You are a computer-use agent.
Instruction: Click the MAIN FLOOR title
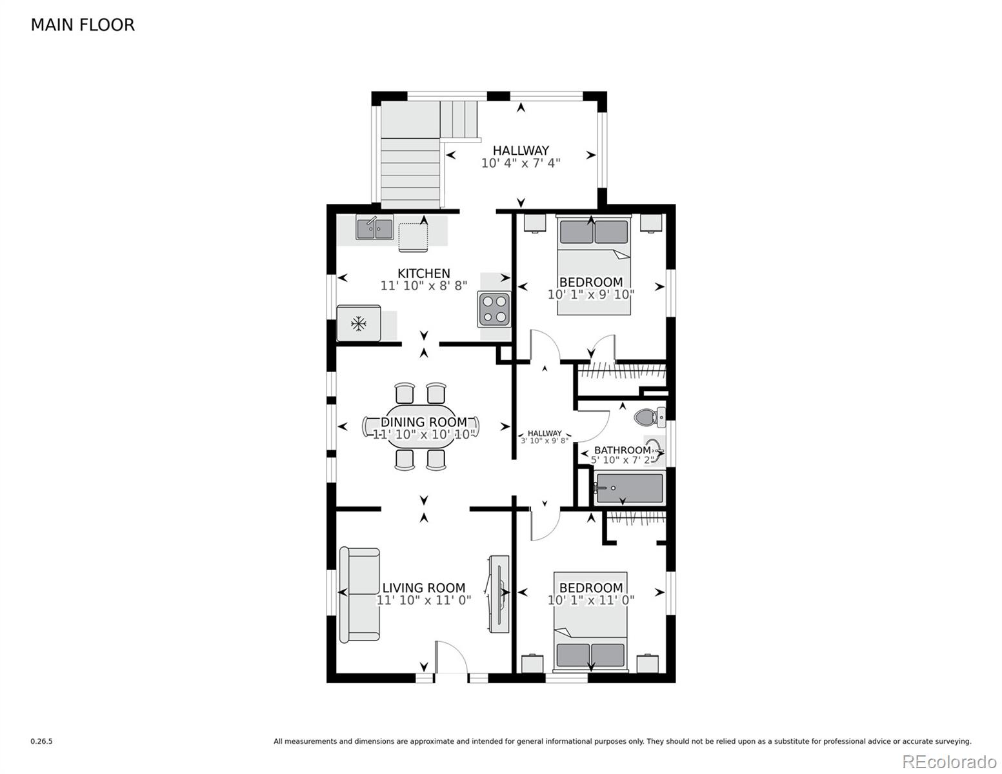pyautogui.click(x=83, y=25)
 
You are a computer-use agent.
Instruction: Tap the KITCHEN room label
pyautogui.click(x=424, y=273)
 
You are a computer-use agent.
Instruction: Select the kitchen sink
pyautogui.click(x=374, y=227)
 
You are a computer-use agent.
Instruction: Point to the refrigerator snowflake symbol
pyautogui.click(x=359, y=324)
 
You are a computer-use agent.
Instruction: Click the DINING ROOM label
pyautogui.click(x=424, y=422)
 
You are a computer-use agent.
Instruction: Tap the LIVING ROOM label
pyautogui.click(x=424, y=588)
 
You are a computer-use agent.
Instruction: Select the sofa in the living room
pyautogui.click(x=359, y=595)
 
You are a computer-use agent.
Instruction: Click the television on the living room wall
pyautogui.click(x=499, y=593)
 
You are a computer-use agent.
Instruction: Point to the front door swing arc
pyautogui.click(x=457, y=650)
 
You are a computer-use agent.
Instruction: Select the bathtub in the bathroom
pyautogui.click(x=630, y=489)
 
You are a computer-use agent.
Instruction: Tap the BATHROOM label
pyautogui.click(x=622, y=450)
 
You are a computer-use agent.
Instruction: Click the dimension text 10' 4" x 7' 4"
pyautogui.click(x=521, y=163)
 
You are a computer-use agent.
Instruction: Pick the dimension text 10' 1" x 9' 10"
pyautogui.click(x=591, y=294)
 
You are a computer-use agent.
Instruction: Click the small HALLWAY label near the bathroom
pyautogui.click(x=545, y=433)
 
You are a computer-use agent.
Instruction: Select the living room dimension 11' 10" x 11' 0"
pyautogui.click(x=424, y=600)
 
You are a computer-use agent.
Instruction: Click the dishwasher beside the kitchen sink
pyautogui.click(x=413, y=237)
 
